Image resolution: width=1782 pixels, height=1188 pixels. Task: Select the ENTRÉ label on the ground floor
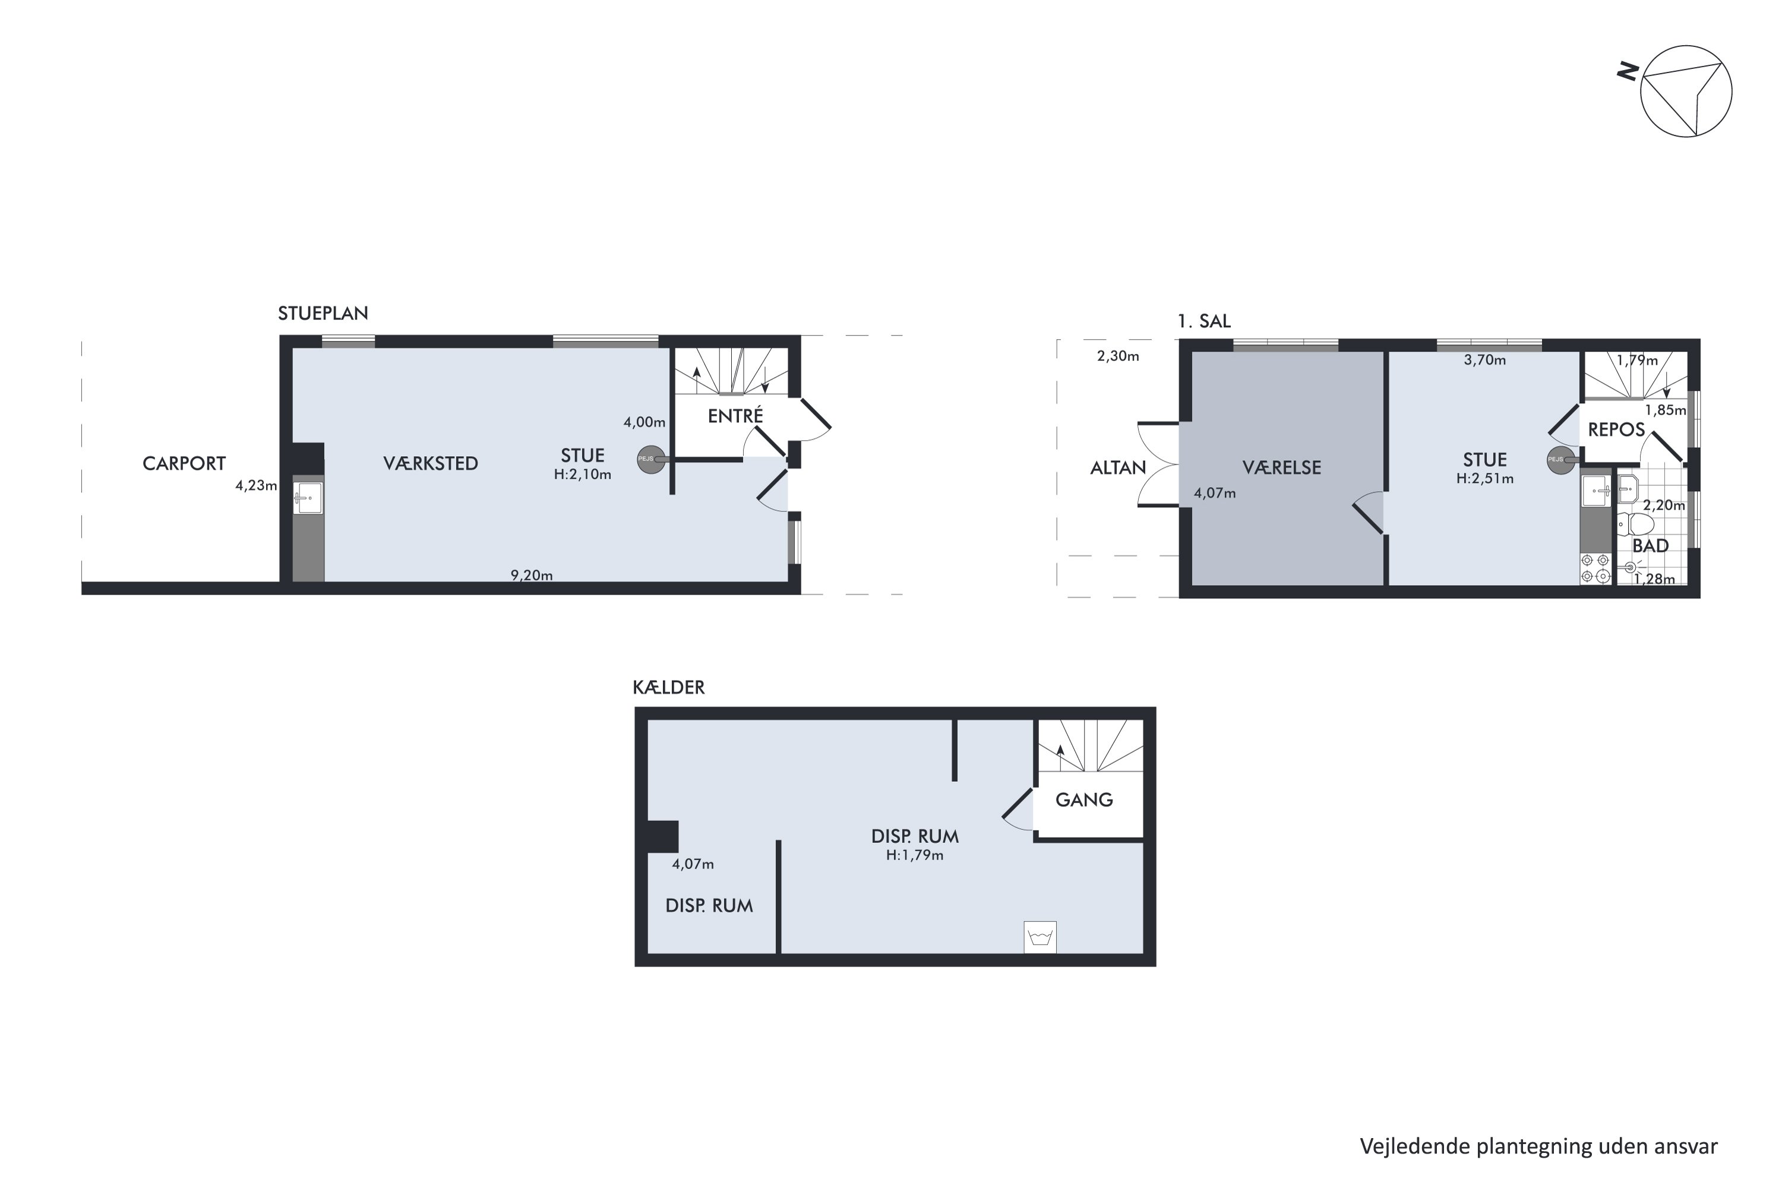click(x=735, y=415)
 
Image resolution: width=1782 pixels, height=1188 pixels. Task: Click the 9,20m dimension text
click(x=531, y=575)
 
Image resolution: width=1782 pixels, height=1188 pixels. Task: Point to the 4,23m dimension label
click(x=256, y=486)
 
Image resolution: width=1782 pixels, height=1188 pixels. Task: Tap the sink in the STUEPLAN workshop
click(x=308, y=498)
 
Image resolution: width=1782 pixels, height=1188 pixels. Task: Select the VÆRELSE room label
click(x=1281, y=467)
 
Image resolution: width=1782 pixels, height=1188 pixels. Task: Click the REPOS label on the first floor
click(x=1616, y=429)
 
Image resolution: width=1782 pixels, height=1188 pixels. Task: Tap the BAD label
click(x=1650, y=545)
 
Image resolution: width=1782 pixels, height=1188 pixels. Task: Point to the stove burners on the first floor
click(x=1595, y=569)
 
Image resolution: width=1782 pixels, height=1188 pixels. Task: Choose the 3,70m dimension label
click(x=1484, y=360)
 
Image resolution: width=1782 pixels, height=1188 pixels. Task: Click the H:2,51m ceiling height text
click(x=1484, y=478)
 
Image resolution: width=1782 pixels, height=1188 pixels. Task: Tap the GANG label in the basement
click(x=1083, y=800)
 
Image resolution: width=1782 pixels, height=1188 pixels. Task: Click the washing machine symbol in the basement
click(x=1039, y=937)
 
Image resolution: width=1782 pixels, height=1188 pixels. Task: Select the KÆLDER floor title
click(x=668, y=687)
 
